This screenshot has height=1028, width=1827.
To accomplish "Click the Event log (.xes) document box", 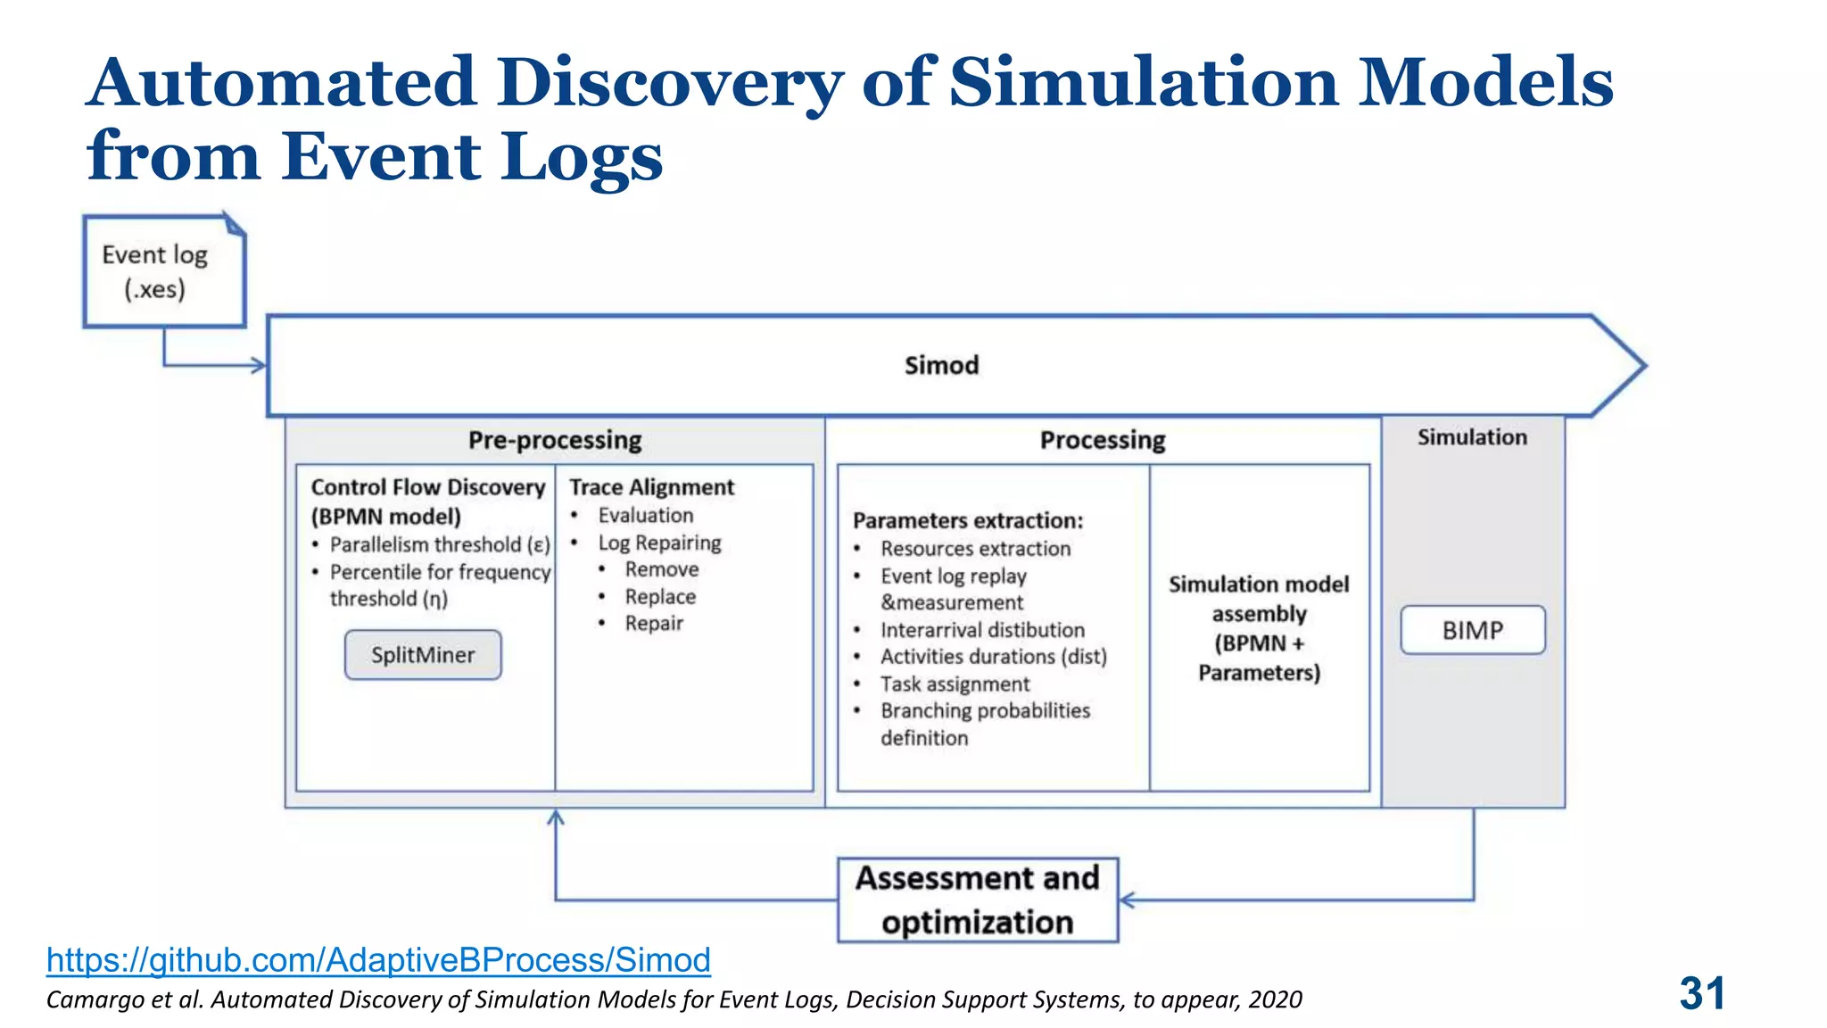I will [x=163, y=271].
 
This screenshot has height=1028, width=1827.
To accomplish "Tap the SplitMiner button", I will [x=423, y=655].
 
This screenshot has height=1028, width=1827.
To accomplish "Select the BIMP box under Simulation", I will [x=1472, y=630].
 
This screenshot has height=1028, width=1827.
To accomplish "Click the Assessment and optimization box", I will [x=977, y=899].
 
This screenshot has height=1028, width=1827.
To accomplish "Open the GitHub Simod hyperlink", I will [x=378, y=959].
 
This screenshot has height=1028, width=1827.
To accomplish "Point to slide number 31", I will [x=1701, y=993].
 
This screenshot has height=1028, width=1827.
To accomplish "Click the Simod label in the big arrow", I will [x=941, y=365].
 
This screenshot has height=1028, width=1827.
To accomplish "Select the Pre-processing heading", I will [x=555, y=440].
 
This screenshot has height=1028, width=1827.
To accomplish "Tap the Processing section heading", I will [x=1103, y=440].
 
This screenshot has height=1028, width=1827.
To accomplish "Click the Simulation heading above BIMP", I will [x=1472, y=437].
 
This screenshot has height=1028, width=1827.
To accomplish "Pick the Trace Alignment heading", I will [x=651, y=487].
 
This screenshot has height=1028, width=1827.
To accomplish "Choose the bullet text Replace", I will [x=660, y=597].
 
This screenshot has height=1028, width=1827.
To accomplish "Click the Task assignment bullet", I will [x=955, y=684].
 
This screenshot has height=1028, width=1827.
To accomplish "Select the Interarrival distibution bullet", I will [x=982, y=630].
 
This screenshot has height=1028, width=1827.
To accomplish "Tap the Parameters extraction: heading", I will [x=968, y=520].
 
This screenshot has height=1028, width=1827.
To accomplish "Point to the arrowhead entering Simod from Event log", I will [x=259, y=365].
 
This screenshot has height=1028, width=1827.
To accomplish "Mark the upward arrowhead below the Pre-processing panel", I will [x=556, y=817].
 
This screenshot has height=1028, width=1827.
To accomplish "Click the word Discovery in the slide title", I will [x=669, y=82].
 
